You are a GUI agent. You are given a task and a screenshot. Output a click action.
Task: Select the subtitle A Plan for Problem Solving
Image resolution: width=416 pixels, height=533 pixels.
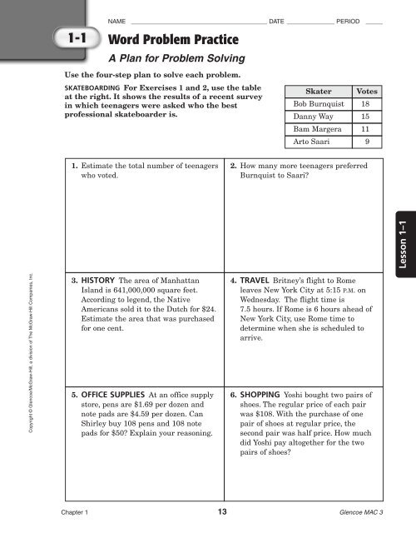(x=176, y=59)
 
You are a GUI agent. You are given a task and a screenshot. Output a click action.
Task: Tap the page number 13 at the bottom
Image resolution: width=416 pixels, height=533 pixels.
(x=221, y=511)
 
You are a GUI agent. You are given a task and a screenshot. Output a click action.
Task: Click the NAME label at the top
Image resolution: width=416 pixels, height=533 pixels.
(x=116, y=19)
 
